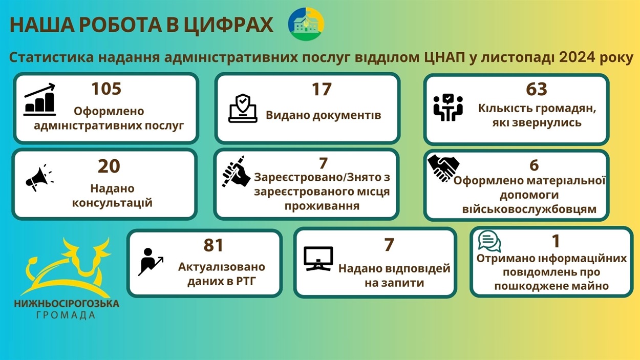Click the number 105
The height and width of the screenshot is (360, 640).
[106, 89]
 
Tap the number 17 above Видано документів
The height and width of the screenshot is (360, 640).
[322, 90]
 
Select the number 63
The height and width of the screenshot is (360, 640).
[536, 89]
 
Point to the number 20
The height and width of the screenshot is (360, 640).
[109, 166]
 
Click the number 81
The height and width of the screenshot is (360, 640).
[213, 245]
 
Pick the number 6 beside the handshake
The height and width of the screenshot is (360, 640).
[534, 165]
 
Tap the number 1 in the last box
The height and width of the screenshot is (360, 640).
[556, 241]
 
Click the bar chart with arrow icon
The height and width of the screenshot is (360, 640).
[40, 99]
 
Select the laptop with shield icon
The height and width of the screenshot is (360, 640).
[243, 108]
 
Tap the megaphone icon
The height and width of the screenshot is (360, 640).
[39, 178]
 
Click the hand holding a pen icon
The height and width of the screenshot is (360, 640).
[236, 172]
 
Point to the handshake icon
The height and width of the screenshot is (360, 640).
[443, 168]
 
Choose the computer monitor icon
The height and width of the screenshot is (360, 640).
[318, 259]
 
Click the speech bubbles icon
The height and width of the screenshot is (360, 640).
[489, 241]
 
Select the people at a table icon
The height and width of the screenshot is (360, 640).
[447, 108]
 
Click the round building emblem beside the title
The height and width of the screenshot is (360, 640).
[306, 24]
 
